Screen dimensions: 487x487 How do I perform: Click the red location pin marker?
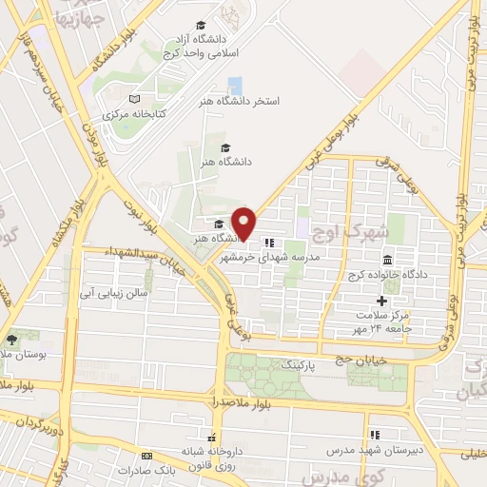pos(244,223)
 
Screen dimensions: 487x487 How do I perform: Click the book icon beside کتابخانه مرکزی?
pos(134,99)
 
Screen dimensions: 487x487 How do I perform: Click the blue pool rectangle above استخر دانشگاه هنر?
pos(235,84)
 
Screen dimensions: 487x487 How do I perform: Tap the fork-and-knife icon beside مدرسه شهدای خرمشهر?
pos(270,243)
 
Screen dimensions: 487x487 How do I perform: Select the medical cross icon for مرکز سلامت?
pos(382,302)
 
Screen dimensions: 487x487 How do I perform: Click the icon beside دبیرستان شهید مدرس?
pos(374,434)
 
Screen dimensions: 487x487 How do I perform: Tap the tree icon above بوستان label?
pos(10,340)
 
